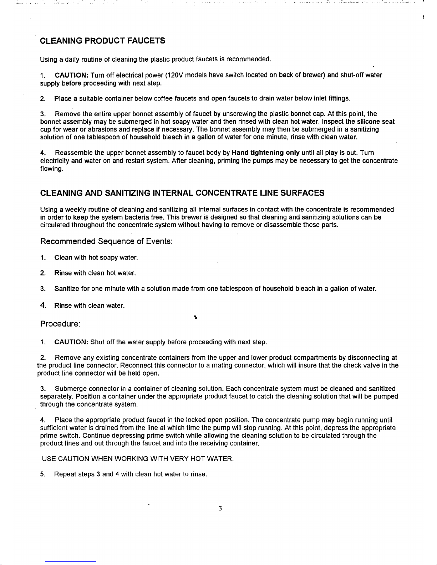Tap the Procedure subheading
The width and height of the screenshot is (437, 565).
60,324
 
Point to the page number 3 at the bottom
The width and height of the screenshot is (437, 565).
220,509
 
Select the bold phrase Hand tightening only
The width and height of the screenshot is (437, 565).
265,153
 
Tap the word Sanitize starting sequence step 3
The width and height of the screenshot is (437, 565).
67,289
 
